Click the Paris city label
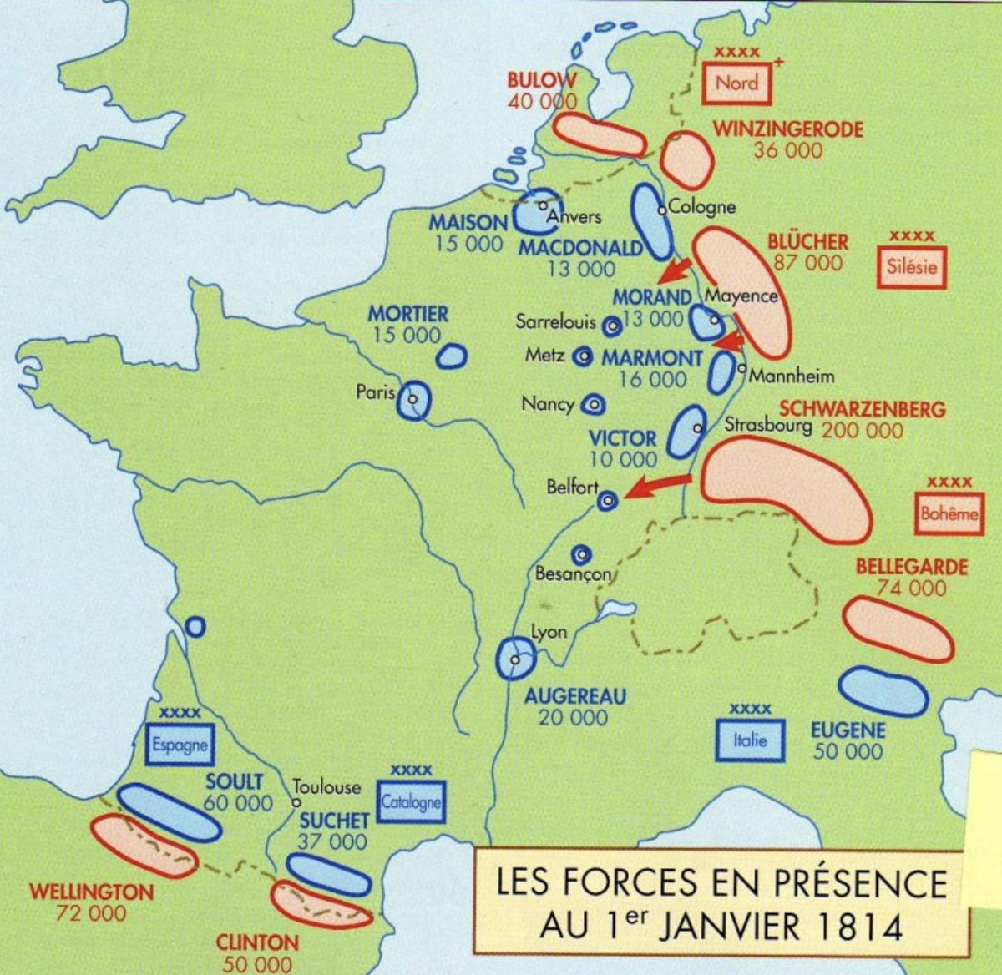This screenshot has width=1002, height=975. pos(375,392)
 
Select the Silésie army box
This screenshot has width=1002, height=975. pos(912,268)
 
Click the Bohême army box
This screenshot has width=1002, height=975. pos(949,513)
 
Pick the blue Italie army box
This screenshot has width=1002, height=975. pos(750,740)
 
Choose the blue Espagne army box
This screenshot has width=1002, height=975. pos(180,744)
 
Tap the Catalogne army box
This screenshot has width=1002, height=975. pos(410,802)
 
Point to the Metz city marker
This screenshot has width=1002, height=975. pos(583,356)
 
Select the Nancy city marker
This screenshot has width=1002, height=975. pos(594,404)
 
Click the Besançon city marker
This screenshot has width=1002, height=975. pos(581,554)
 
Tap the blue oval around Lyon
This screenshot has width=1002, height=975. pos(515,658)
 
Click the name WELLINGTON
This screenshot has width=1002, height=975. pos(92,892)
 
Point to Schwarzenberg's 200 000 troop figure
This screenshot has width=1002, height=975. pos(862,431)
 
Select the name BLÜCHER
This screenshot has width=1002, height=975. pos(807,242)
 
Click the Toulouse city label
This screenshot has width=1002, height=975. pos(326,786)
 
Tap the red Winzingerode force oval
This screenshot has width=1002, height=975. pos(686,159)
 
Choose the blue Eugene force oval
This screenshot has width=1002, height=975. pos(883,691)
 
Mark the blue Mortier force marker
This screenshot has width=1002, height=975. pos(452,356)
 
